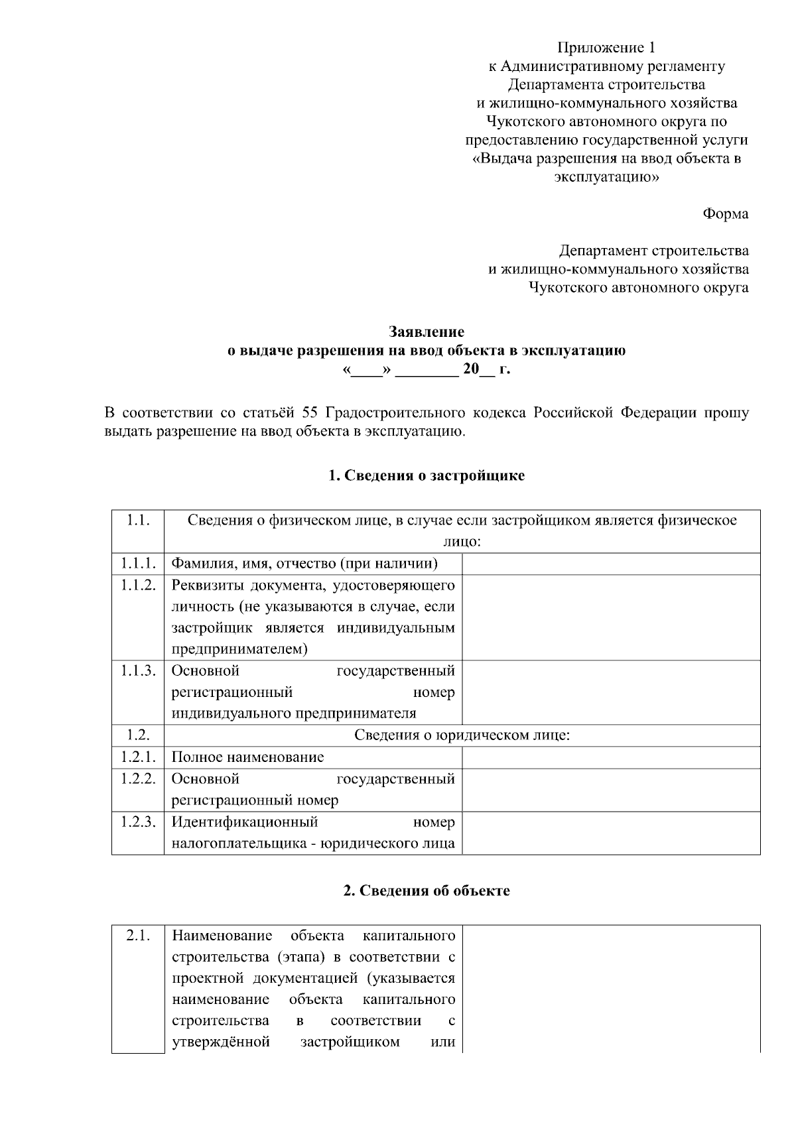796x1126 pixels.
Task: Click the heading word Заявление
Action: pos(426,332)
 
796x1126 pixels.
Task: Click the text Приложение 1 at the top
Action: pos(606,47)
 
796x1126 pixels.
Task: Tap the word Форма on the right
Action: pos(725,214)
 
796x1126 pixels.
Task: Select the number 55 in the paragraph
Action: pos(310,412)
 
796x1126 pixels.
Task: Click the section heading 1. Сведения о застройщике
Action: pos(427,475)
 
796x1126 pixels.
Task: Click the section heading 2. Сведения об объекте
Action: pos(427,891)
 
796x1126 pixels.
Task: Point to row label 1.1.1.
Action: pos(138,564)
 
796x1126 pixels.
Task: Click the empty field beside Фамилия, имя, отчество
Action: pos(610,564)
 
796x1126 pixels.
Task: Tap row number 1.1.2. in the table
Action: pos(138,585)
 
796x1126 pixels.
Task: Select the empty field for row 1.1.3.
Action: pos(610,692)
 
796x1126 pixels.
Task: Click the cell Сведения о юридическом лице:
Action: pos(462,735)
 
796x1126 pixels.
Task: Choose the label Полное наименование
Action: pos(247,757)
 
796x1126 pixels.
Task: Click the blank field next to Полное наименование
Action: pos(610,757)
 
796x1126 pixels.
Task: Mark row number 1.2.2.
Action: pos(138,779)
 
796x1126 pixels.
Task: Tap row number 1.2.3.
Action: pos(138,822)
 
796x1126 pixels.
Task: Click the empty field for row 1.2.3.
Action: pos(610,833)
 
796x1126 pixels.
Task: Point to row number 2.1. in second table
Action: pos(138,936)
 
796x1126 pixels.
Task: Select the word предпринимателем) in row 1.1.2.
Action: pos(239,649)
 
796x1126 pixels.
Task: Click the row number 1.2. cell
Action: pos(138,735)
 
